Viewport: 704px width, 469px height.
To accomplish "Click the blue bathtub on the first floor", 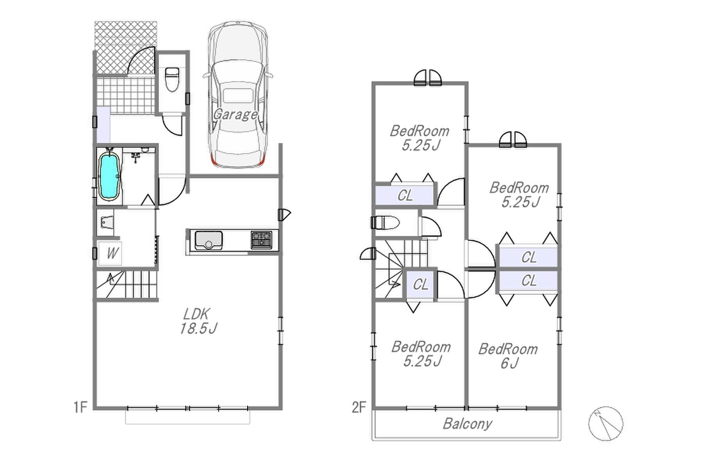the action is (x=109, y=176).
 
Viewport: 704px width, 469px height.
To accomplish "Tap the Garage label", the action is (x=235, y=115).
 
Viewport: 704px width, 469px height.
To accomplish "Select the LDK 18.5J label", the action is (x=198, y=321).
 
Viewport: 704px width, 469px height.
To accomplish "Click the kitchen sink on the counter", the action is (x=208, y=240).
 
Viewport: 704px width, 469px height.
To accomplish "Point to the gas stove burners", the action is (x=262, y=240).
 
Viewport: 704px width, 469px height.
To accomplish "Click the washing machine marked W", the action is (x=110, y=253).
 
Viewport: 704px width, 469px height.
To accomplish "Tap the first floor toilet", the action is (x=172, y=79).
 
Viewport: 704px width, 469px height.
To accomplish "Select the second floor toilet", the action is (x=385, y=223).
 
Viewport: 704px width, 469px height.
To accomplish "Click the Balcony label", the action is (x=468, y=424).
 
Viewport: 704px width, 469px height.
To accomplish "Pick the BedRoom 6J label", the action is (x=508, y=356).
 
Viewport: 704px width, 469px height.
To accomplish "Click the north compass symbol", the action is (x=605, y=423).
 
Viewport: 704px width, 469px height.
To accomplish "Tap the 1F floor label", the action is (x=80, y=407).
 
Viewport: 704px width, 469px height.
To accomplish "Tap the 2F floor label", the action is (x=359, y=407).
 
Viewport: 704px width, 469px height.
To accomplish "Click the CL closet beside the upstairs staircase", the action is (x=420, y=285).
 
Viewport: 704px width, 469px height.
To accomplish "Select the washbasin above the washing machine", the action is (x=107, y=222).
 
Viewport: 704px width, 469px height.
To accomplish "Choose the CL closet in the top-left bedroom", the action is (x=404, y=195).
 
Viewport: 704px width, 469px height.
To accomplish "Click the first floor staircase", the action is (x=127, y=284).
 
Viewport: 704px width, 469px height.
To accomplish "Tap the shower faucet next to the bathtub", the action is (x=136, y=156).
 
